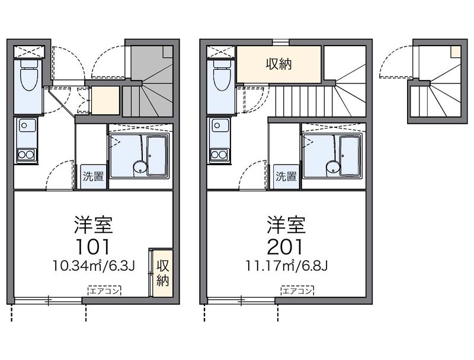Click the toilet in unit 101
coord(29,76)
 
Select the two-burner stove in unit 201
coord(219,155)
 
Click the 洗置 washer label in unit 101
coord(94,176)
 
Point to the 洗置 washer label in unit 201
coord(286,176)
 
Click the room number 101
coord(93,246)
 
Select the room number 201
coord(285,246)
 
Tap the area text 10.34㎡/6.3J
coord(94,266)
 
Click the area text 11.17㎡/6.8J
coord(287,266)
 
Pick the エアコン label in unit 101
coord(105,291)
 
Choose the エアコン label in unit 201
coord(297,291)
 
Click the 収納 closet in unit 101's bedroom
coord(162,273)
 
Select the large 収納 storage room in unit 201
coord(278,65)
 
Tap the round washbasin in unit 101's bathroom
coord(140,168)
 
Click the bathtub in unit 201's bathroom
coord(350,156)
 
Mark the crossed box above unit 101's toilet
coord(29,52)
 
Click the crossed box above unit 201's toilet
coord(220,52)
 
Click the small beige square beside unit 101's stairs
coord(105,101)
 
